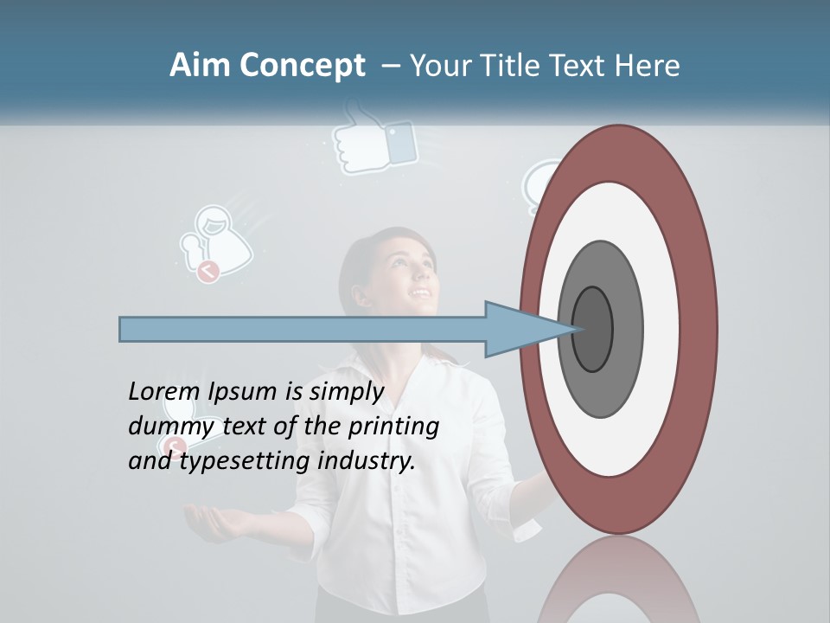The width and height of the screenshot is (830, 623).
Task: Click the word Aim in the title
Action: click(x=201, y=66)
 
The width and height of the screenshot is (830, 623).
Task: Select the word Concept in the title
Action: click(x=302, y=66)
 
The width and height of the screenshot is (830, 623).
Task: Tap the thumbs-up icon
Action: click(x=374, y=138)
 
